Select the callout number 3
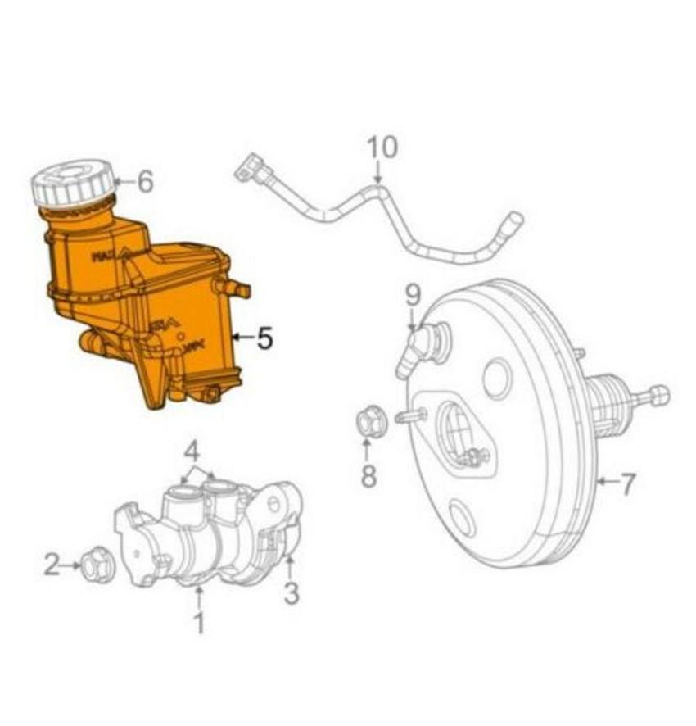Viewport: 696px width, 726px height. (292, 592)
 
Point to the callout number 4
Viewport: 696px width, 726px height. (191, 450)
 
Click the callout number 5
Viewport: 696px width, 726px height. (264, 337)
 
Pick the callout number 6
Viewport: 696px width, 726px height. (145, 181)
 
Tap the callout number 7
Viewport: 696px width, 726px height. (626, 483)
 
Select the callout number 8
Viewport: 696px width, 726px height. (368, 474)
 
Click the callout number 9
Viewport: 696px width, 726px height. (412, 293)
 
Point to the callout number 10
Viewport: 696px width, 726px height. (382, 147)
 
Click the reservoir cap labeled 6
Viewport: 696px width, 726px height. (72, 185)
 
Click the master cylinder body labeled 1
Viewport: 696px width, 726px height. (197, 533)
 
